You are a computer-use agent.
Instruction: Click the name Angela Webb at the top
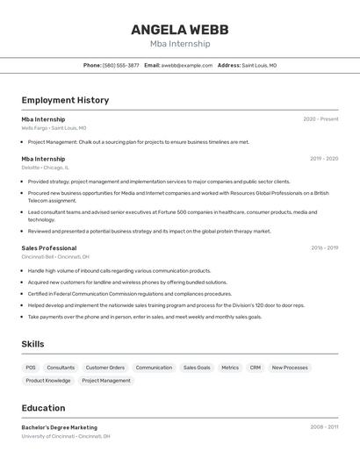pyautogui.click(x=179, y=29)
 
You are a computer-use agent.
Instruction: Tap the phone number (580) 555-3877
pyautogui.click(x=121, y=65)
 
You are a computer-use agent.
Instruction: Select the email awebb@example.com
pyautogui.click(x=186, y=65)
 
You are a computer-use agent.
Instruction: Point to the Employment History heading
pyautogui.click(x=65, y=100)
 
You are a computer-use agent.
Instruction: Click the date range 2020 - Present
pyautogui.click(x=320, y=119)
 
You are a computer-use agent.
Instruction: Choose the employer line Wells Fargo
pyautogui.click(x=54, y=128)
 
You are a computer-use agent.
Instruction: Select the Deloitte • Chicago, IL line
pyautogui.click(x=45, y=168)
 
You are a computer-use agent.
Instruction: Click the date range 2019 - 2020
pyautogui.click(x=324, y=159)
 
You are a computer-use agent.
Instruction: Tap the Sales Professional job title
pyautogui.click(x=49, y=248)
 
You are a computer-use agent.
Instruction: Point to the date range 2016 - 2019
pyautogui.click(x=324, y=248)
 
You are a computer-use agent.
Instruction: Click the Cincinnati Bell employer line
pyautogui.click(x=55, y=257)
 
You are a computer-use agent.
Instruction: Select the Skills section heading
pyautogui.click(x=32, y=344)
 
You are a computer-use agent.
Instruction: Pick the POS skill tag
pyautogui.click(x=31, y=368)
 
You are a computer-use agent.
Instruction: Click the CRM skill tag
pyautogui.click(x=255, y=368)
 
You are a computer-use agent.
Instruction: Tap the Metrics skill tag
pyautogui.click(x=230, y=368)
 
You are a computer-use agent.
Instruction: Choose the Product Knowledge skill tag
pyautogui.click(x=48, y=381)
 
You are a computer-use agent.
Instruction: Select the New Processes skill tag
pyautogui.click(x=290, y=368)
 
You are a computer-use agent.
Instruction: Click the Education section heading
pyautogui.click(x=43, y=408)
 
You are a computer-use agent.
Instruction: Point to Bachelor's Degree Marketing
pyautogui.click(x=59, y=427)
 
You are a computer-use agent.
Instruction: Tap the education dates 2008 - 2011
pyautogui.click(x=324, y=427)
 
